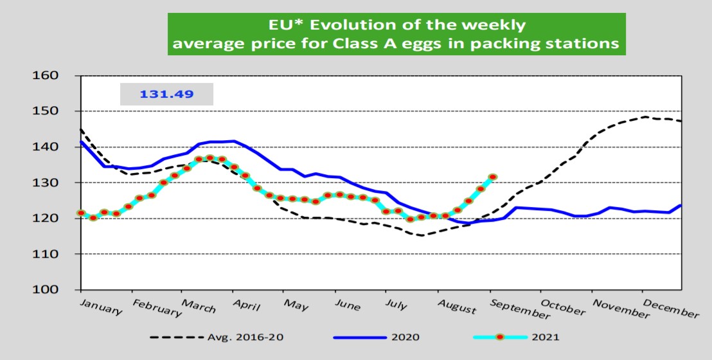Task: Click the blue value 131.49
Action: [166, 95]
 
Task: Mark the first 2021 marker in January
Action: [81, 213]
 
